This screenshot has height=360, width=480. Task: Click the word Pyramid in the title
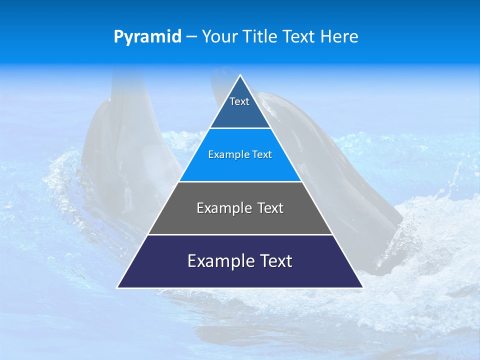point(147,37)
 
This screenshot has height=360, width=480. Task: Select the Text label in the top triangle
point(239,101)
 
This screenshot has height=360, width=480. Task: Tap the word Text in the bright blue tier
point(262,155)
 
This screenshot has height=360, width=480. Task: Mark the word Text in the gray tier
point(268,208)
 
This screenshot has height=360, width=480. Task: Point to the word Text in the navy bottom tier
point(274,261)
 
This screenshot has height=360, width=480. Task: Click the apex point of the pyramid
point(240,75)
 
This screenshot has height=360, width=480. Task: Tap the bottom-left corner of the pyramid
point(117,287)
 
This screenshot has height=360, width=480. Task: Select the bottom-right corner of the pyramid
point(362,287)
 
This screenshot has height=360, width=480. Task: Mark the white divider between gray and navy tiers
point(240,234)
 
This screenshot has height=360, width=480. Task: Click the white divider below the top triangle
point(240,128)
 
